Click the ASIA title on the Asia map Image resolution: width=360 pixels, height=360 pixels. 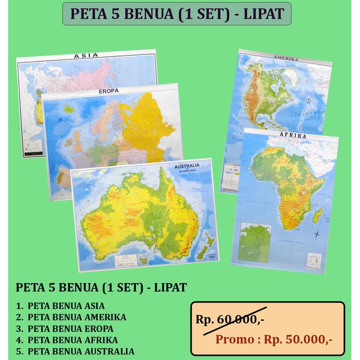86,56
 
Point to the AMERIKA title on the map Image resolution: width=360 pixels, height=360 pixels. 285,59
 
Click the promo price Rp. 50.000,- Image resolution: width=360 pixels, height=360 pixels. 300,339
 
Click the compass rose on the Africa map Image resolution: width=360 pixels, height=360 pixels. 317,234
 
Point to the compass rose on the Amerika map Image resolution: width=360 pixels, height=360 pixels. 309,101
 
